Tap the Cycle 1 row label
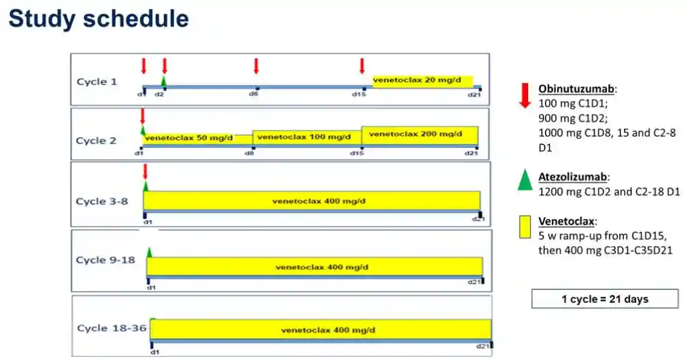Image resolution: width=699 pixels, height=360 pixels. [97, 82]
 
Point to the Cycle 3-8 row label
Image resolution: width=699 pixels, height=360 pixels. [102, 201]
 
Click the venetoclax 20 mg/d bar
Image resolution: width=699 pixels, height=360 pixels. [422, 80]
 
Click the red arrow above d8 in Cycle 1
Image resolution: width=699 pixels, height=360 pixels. [256, 66]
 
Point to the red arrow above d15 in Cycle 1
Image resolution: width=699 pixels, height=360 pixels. [362, 66]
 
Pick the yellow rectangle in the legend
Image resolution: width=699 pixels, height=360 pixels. [525, 227]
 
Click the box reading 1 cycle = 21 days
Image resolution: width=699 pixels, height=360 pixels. [605, 299]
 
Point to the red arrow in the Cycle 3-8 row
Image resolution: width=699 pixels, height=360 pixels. [145, 172]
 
